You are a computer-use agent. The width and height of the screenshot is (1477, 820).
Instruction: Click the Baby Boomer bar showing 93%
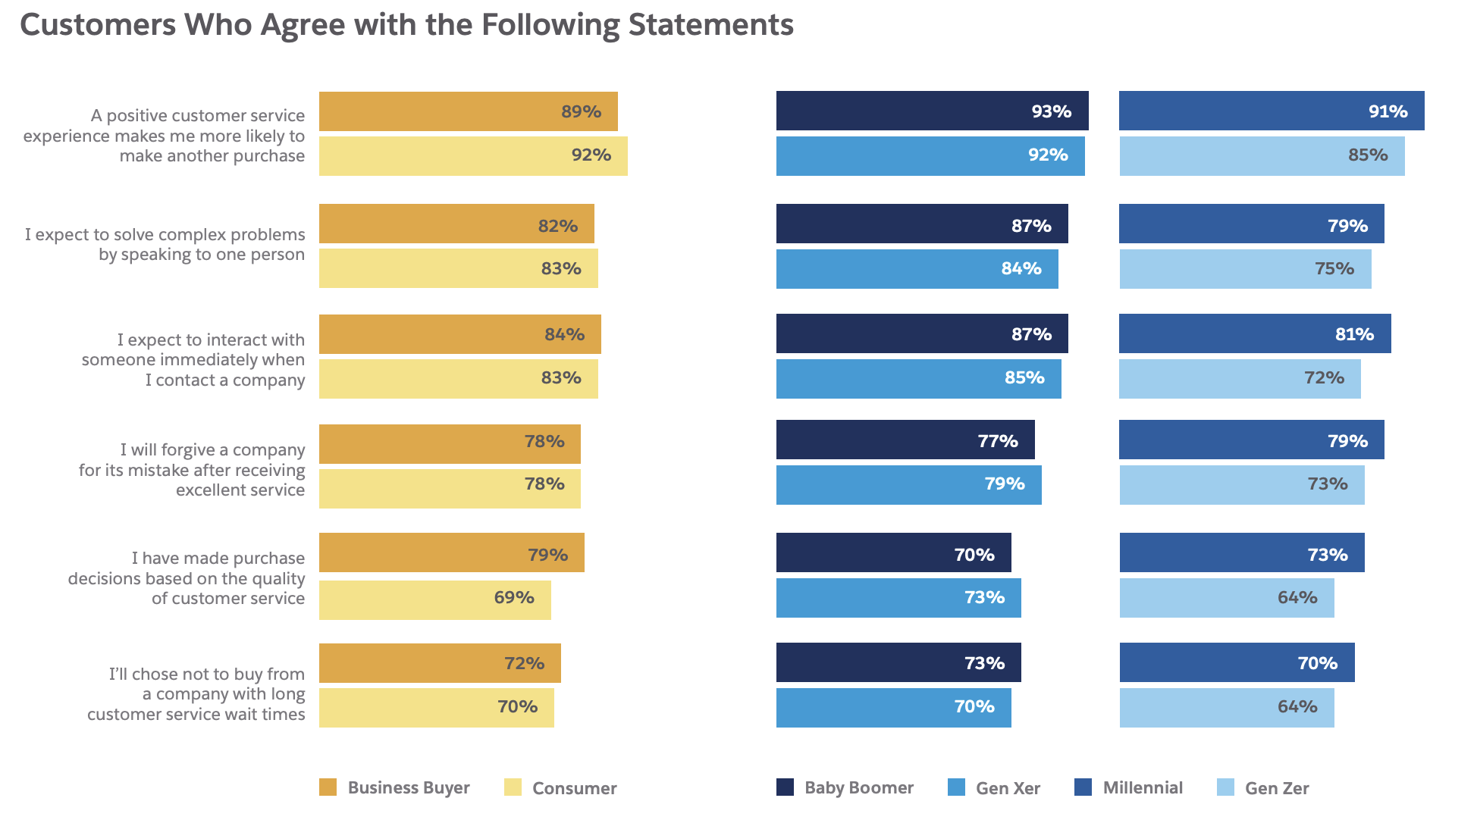coord(932,111)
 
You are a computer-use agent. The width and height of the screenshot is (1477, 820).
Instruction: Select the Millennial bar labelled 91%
coord(1272,111)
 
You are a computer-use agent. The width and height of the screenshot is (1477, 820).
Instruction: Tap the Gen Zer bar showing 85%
coord(1262,156)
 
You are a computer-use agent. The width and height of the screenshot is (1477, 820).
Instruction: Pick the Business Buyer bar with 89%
coord(468,111)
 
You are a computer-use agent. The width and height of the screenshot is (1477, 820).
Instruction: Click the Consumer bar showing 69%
coord(434,599)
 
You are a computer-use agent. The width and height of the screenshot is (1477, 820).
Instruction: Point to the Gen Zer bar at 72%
coord(1240,379)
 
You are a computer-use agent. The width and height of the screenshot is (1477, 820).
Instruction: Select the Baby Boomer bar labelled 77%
coord(905,440)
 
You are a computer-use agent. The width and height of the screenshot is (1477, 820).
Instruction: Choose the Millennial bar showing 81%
coord(1255,333)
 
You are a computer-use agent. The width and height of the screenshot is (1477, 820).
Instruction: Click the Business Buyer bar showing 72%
coord(440,663)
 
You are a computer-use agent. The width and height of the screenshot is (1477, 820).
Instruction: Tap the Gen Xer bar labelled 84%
coord(917,269)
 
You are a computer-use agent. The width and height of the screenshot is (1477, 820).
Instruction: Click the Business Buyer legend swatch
coord(328,787)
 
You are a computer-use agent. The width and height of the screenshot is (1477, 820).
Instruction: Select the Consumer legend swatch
coord(513,787)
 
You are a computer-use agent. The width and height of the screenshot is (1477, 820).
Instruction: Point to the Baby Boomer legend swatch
coord(785,787)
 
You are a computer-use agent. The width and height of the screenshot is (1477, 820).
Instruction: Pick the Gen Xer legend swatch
coord(956,787)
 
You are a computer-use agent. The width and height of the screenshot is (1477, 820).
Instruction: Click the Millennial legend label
coord(1143,787)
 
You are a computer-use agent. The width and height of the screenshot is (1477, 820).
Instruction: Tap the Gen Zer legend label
coord(1277,788)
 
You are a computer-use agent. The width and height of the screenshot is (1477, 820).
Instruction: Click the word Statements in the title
coord(710,25)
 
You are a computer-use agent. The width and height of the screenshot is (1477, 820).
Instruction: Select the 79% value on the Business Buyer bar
coord(547,555)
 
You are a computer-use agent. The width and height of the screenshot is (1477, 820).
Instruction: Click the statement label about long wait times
coord(196,693)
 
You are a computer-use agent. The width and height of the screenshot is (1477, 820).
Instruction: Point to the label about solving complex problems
coord(165,244)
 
